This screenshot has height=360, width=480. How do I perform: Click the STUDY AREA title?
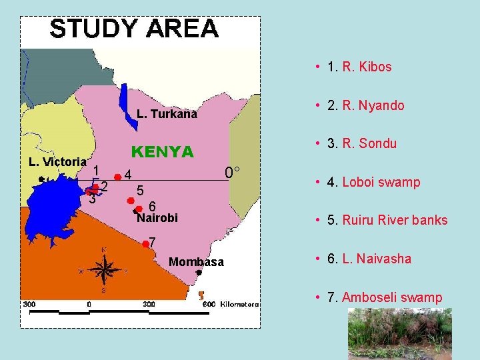coord(134,29)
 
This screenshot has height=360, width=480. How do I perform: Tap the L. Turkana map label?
coord(167,114)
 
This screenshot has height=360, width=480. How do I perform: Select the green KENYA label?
coord(162,152)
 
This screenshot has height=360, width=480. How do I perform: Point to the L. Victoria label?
coord(57,161)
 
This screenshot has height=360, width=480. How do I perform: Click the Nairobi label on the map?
coord(157,218)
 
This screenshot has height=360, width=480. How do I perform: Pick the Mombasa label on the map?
coord(197,262)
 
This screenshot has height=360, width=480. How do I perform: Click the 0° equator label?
coord(233,173)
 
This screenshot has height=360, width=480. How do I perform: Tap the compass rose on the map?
coord(103,270)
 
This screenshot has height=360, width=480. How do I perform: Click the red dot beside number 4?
coord(118,177)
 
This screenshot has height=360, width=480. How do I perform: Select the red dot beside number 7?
coord(145,243)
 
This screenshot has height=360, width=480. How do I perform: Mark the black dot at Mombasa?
coord(199,273)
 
